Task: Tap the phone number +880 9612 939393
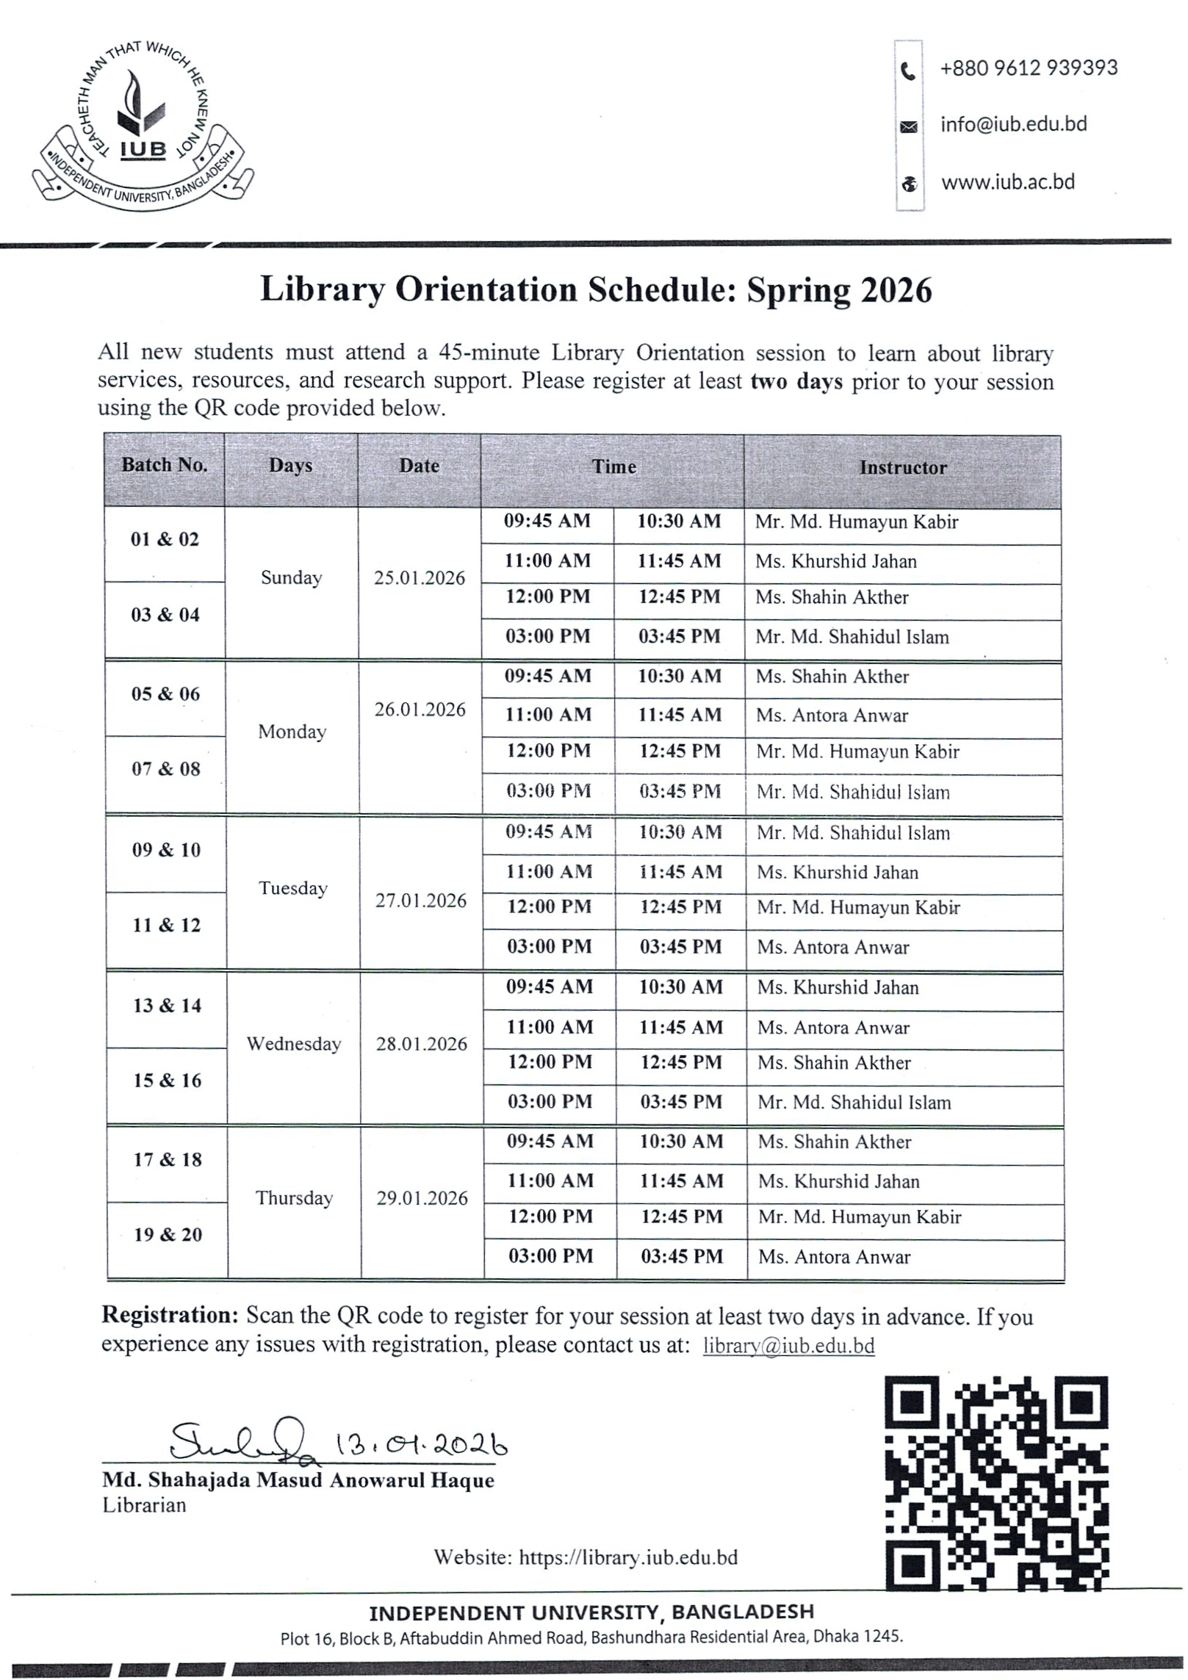(x=1028, y=68)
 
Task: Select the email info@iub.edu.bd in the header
(x=1013, y=124)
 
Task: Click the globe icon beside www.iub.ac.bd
(x=909, y=184)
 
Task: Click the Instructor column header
(x=902, y=468)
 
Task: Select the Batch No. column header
(x=165, y=465)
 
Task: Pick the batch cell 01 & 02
(x=165, y=539)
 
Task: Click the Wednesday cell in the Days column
(x=294, y=1044)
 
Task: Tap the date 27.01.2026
(x=421, y=901)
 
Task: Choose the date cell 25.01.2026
(x=420, y=578)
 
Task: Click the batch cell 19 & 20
(x=168, y=1234)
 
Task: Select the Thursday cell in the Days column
(x=294, y=1198)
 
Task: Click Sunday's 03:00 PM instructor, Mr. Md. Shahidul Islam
(x=852, y=637)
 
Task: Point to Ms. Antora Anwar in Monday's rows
(x=832, y=715)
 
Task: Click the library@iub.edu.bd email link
(x=788, y=1346)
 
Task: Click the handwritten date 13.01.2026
(x=421, y=1446)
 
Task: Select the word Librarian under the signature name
(x=144, y=1505)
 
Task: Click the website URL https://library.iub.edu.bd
(x=627, y=1557)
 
